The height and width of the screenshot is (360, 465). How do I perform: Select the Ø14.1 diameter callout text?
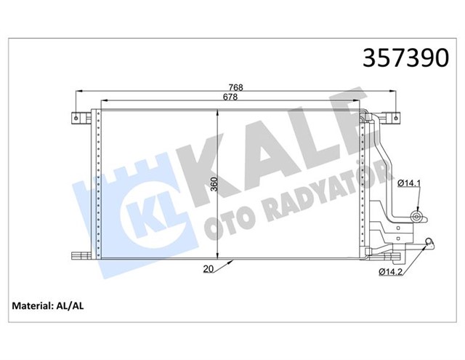[x=410, y=183]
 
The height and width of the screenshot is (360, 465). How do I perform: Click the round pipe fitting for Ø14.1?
[x=417, y=216]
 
